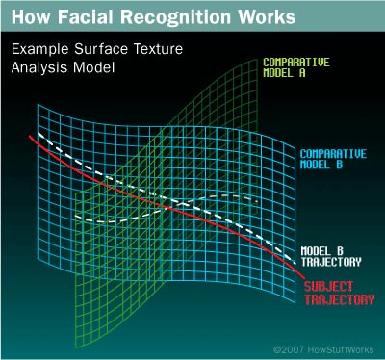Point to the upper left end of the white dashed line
click(x=36, y=131)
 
